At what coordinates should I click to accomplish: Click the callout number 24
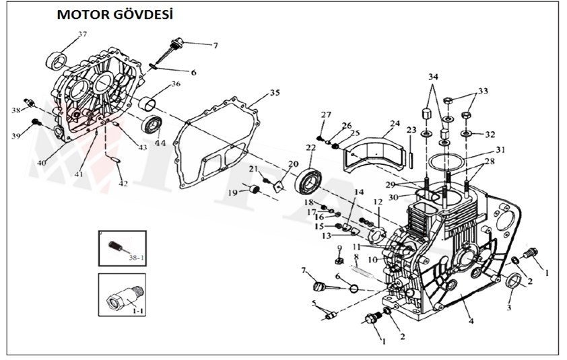(x=395, y=123)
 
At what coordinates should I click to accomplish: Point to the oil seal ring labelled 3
(x=512, y=280)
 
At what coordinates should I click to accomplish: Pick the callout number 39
(x=15, y=136)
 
